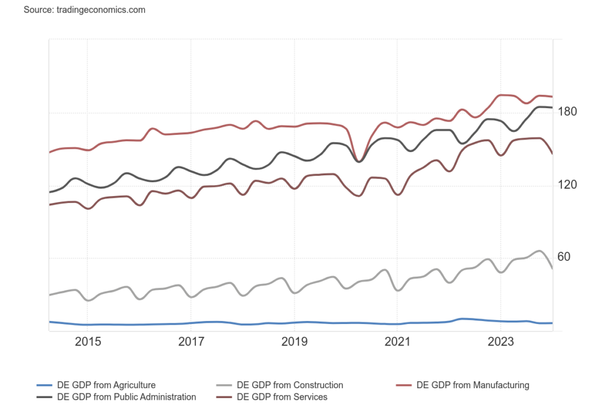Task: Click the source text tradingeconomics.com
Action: click(84, 10)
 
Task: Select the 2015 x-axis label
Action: click(88, 342)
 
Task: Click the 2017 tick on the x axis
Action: click(191, 342)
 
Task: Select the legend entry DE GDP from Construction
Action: click(289, 385)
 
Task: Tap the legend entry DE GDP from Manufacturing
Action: click(472, 385)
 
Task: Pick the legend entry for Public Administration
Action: click(126, 397)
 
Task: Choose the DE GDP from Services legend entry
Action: click(282, 397)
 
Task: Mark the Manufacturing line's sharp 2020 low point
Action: click(360, 160)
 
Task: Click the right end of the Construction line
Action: click(553, 268)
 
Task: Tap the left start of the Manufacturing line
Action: click(50, 152)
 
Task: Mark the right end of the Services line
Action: click(553, 153)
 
